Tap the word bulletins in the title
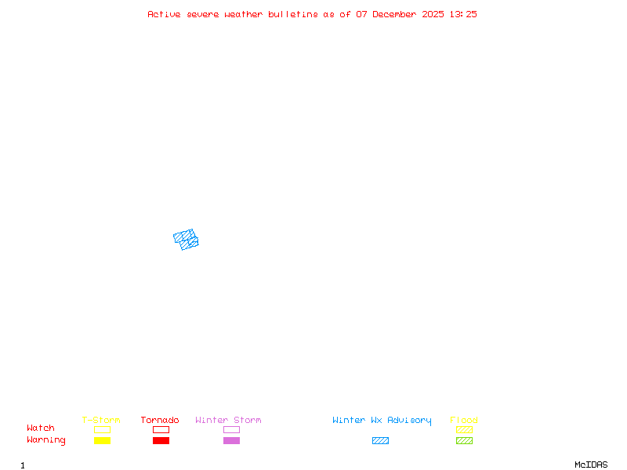point(293,14)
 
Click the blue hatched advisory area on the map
point(187,239)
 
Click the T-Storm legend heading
point(101,420)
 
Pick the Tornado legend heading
point(160,420)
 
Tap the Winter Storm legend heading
point(228,420)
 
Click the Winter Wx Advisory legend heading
point(382,420)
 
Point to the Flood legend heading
point(464,420)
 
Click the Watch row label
point(41,428)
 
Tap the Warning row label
point(46,440)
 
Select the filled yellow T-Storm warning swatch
point(102,441)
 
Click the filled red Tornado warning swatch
point(161,441)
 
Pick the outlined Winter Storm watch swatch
point(231,429)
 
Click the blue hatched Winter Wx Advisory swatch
point(380,441)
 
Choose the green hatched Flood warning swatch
point(464,441)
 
